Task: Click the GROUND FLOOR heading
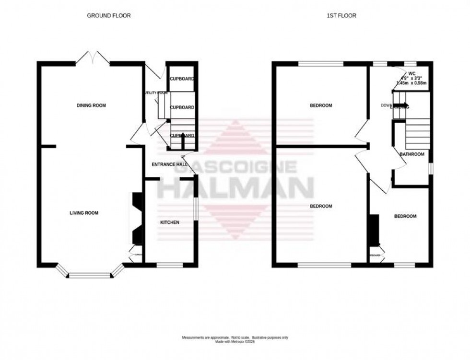pos(108,16)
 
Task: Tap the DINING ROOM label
pos(91,105)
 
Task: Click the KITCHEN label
pos(170,222)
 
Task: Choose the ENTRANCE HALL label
pos(169,164)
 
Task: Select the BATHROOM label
pos(412,154)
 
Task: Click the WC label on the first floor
pos(412,73)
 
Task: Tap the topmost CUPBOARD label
pos(182,79)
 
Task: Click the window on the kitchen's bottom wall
pos(170,264)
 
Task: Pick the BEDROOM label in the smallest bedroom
pos(405,216)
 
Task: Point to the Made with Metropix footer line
pos(235,341)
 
